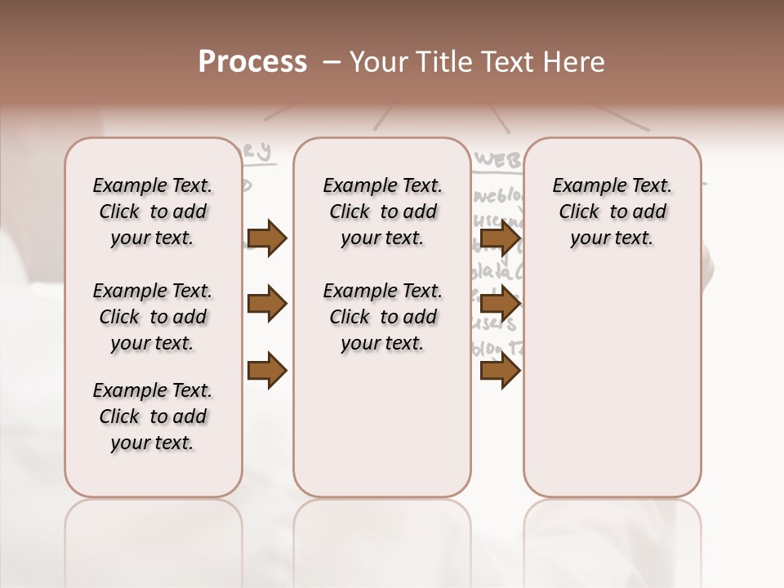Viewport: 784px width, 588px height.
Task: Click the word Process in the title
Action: pyautogui.click(x=252, y=62)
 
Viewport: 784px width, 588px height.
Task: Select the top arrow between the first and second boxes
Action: pyautogui.click(x=266, y=238)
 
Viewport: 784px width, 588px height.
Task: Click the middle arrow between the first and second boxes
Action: pyautogui.click(x=266, y=305)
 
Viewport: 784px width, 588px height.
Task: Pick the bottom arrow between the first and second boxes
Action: pyautogui.click(x=266, y=371)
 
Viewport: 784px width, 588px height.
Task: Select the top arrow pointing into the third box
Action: pyautogui.click(x=500, y=238)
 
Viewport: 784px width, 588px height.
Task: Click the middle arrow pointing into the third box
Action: pyautogui.click(x=500, y=305)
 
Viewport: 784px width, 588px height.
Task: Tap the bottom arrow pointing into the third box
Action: pyautogui.click(x=500, y=371)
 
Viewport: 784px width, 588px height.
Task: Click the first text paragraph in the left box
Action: pyautogui.click(x=153, y=212)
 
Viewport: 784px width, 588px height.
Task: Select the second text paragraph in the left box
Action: pyautogui.click(x=153, y=317)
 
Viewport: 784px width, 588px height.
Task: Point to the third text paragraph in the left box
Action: pyautogui.click(x=153, y=416)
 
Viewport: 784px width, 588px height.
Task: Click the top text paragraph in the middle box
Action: pyautogui.click(x=382, y=212)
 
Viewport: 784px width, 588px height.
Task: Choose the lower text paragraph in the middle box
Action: pyautogui.click(x=382, y=317)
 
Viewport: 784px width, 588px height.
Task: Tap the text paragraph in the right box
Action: pyautogui.click(x=612, y=212)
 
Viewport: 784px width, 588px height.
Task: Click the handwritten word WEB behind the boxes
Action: pyautogui.click(x=497, y=160)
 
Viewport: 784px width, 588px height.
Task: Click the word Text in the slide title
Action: pyautogui.click(x=505, y=62)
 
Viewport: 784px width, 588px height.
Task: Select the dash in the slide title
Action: pyautogui.click(x=331, y=62)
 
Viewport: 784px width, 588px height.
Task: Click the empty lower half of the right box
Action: pyautogui.click(x=612, y=392)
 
